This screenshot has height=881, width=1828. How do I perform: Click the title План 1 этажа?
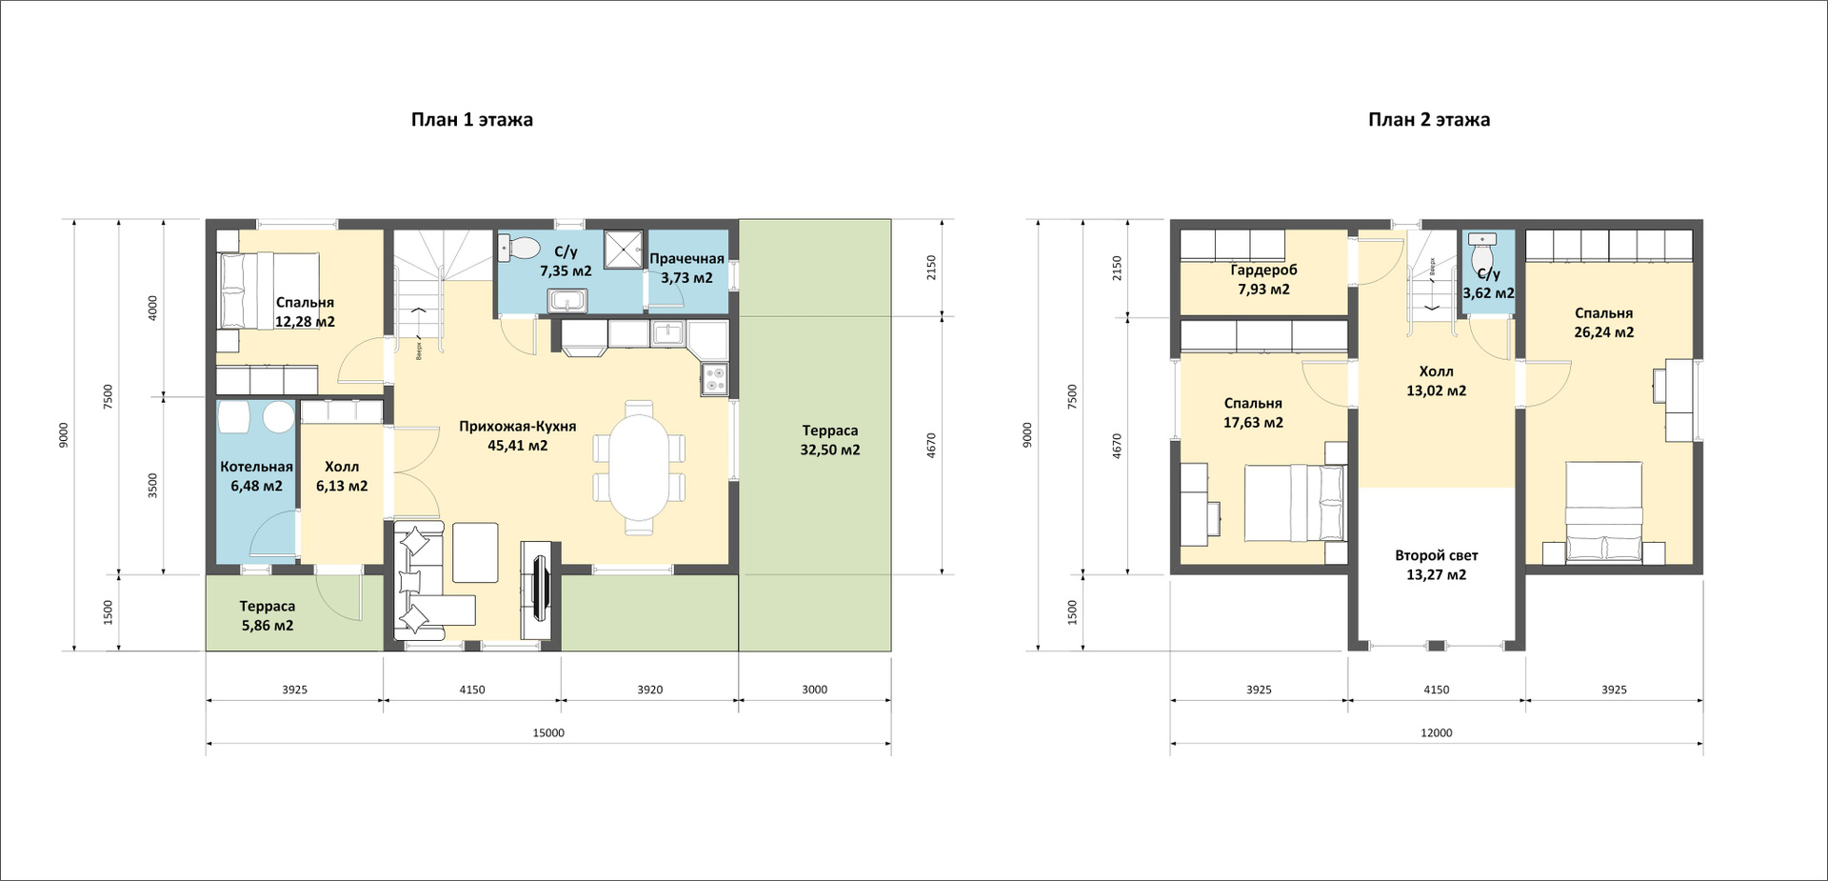coord(471,120)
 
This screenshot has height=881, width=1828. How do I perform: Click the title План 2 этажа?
coord(1429,120)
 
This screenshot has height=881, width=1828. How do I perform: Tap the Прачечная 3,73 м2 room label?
coord(686,269)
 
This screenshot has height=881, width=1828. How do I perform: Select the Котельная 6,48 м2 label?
coord(256,476)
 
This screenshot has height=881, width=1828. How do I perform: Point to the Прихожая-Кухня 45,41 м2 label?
coord(517,435)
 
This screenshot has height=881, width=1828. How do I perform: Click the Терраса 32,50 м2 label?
coord(829,440)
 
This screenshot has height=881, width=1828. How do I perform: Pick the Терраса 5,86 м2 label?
coord(267,616)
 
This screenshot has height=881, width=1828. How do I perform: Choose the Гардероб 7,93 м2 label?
coord(1263,279)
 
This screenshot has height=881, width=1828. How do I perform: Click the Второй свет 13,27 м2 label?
coord(1436,565)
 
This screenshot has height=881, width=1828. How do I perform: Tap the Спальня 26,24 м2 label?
coord(1603,323)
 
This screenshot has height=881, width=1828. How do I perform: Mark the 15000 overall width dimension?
coord(548,733)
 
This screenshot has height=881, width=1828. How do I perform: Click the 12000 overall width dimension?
coord(1437,733)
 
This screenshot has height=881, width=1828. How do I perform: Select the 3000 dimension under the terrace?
coord(814,690)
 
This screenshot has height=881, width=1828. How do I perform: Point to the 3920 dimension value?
coord(650,690)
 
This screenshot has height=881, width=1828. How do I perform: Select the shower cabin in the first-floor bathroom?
coord(624,249)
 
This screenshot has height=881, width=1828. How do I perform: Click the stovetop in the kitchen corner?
coord(714,379)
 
